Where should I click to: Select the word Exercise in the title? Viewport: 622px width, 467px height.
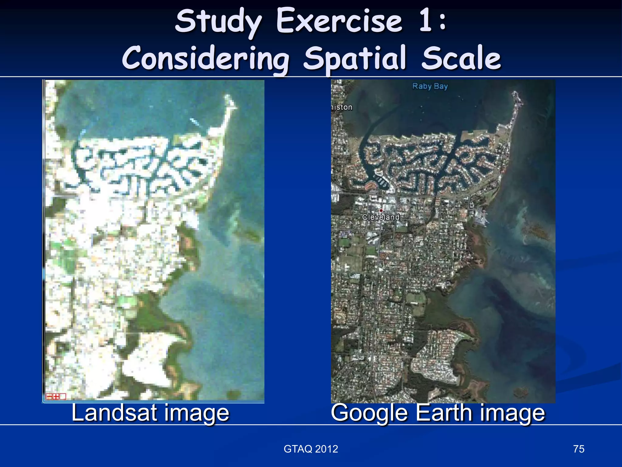coord(339,21)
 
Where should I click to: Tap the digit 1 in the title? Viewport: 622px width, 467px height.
coord(426,21)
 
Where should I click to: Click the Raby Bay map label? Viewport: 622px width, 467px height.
coord(430,86)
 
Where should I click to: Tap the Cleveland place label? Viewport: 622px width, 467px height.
coord(381,217)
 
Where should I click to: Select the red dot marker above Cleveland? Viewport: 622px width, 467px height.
coord(381,210)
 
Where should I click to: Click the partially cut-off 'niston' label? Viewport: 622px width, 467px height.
coord(342,107)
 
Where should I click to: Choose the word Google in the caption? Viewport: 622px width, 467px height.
coord(369,413)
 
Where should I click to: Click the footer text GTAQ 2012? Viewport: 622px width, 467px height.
coord(311,449)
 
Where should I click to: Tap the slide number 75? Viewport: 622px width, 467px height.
coord(579,449)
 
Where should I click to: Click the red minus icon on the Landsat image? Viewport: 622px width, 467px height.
coord(49,396)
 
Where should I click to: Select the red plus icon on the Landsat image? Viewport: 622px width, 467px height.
coord(56,396)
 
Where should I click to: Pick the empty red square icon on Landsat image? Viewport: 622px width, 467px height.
coord(63,396)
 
